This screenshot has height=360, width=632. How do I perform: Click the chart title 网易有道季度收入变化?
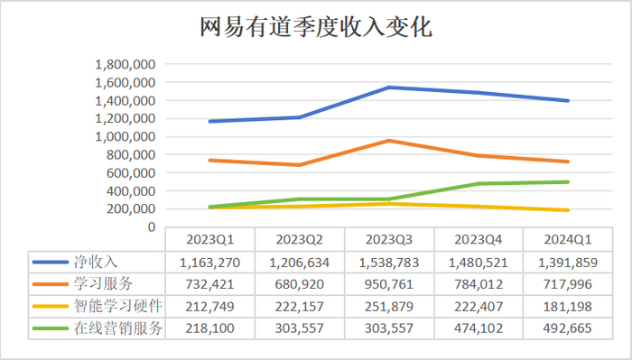pos(315,28)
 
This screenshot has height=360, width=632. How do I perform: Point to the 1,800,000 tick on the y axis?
pos(126,64)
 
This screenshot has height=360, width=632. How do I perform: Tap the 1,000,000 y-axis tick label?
pos(126,136)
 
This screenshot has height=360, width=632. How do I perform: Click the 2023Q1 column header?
pos(209,239)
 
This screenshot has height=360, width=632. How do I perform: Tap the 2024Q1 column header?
pos(569,239)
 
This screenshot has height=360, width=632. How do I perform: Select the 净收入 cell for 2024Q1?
pos(569,261)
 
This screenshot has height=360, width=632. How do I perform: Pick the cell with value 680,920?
pos(299,283)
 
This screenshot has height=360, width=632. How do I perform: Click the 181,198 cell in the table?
pos(569,306)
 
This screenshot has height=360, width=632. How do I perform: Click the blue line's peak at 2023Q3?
pos(388,88)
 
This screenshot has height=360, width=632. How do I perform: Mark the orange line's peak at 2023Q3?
pos(388,141)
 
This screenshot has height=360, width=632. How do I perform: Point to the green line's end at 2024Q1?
pos(568,182)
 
